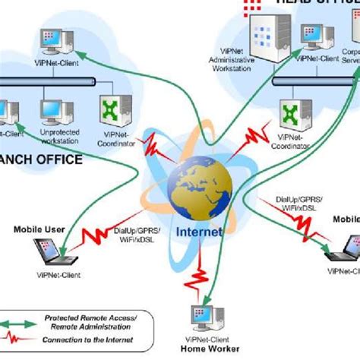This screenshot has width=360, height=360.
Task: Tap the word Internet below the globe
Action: tap(199, 232)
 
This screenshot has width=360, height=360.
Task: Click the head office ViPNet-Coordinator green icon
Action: tap(290, 114)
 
